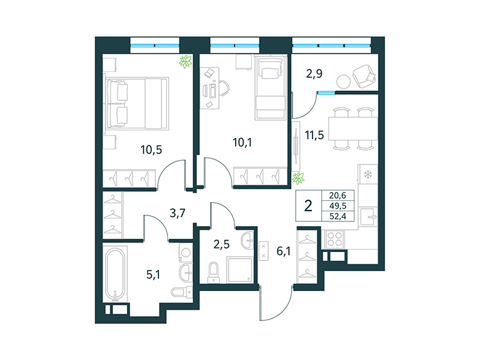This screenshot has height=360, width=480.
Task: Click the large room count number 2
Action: pyautogui.click(x=308, y=206)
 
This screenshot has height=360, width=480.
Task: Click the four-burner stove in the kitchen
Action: pyautogui.click(x=333, y=239)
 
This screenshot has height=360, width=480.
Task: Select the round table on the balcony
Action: pyautogui.click(x=344, y=81)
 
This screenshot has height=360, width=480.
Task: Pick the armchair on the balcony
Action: pyautogui.click(x=364, y=75)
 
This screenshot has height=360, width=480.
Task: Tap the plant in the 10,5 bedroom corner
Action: pyautogui.click(x=186, y=61)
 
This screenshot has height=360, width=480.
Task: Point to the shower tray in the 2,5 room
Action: pyautogui.click(x=240, y=268)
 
